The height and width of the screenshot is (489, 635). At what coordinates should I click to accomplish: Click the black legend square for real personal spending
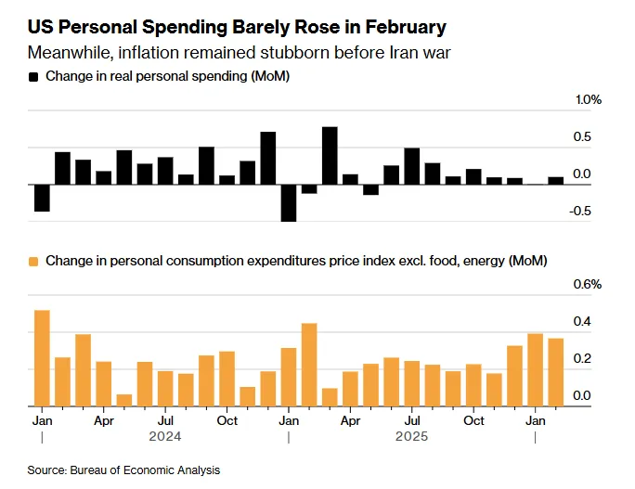[33, 76]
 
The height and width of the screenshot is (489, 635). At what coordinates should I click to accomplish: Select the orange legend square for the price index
[33, 262]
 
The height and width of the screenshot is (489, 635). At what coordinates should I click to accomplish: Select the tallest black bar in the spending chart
[330, 156]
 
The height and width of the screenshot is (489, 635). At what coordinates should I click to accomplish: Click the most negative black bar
[289, 203]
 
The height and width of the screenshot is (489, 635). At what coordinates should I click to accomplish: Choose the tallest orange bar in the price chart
[42, 358]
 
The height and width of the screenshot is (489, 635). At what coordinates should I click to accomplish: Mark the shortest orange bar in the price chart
[124, 400]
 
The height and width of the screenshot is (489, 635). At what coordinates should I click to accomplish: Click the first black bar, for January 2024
[42, 198]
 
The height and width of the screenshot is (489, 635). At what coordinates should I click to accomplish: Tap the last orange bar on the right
[556, 372]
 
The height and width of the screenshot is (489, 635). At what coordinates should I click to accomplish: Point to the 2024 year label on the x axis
[165, 436]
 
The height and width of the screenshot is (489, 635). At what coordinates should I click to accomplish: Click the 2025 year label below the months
[412, 436]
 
